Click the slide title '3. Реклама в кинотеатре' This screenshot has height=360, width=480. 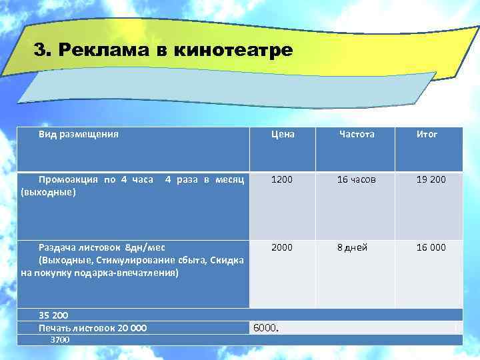point(163,51)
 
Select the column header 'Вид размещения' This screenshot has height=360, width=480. point(79,134)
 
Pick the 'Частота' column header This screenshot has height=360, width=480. point(357,134)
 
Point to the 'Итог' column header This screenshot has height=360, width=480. point(427,134)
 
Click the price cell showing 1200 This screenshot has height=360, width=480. point(281,179)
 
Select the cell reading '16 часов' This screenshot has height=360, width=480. point(357,179)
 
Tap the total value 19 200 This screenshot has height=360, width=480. point(431,179)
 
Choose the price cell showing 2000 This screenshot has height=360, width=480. point(281,247)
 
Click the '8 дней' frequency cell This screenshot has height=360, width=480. point(352,247)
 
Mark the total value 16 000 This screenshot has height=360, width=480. point(431,247)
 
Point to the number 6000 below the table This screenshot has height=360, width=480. point(266,328)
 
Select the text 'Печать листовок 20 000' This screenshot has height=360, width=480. point(93,327)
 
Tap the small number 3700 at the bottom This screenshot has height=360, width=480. point(60,339)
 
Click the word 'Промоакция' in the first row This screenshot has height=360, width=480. point(67,180)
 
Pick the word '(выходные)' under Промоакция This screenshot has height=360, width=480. point(49,193)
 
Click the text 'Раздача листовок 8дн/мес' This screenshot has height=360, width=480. point(95,247)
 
